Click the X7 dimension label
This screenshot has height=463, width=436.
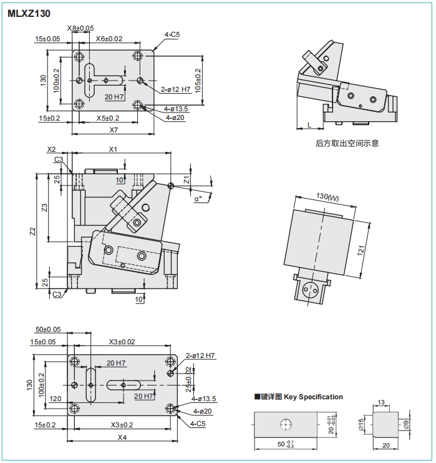click(x=114, y=130)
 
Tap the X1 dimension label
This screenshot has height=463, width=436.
click(x=113, y=149)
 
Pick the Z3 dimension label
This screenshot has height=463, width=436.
click(x=44, y=207)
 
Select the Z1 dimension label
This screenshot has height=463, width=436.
click(x=187, y=180)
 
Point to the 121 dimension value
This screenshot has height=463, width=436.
click(x=361, y=251)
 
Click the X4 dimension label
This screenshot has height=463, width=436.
click(x=122, y=437)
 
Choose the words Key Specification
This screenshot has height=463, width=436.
click(x=313, y=397)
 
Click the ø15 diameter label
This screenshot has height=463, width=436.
click(x=361, y=425)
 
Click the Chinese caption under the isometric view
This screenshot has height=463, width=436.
click(x=347, y=143)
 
